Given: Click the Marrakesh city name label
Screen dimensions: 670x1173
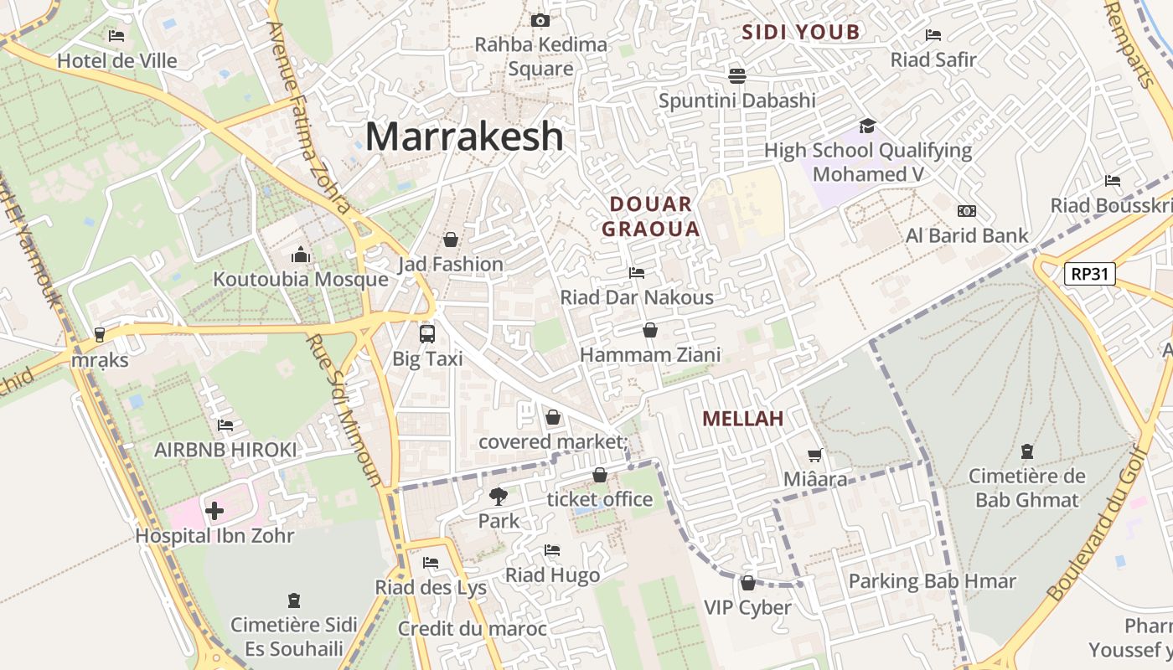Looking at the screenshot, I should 464,137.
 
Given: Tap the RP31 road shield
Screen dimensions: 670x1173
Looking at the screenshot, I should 1089,273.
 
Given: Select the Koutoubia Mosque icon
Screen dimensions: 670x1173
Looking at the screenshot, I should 301,255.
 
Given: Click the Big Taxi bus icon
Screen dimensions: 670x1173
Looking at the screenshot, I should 427,333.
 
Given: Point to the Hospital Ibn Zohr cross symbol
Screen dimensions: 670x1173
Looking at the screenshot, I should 214,510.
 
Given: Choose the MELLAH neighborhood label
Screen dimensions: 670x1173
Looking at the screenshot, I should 742,419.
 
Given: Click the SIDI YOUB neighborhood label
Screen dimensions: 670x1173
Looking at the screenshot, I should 801,33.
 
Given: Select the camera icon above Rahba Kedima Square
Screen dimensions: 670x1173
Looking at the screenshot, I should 540,20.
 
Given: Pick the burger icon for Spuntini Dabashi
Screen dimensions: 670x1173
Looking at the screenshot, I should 737,76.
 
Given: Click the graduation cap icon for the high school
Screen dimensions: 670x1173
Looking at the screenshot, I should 867,126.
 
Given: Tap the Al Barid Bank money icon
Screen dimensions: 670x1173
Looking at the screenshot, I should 966,211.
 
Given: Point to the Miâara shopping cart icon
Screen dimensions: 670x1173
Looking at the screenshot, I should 814,456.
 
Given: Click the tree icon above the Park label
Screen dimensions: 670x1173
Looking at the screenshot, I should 499,497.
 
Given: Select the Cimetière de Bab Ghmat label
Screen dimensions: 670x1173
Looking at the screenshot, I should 1027,487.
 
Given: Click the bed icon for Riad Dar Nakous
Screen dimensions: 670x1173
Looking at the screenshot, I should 637,273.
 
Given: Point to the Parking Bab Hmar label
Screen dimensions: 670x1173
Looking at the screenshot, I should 932,581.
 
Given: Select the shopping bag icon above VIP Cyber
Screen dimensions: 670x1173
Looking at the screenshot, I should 747,583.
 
